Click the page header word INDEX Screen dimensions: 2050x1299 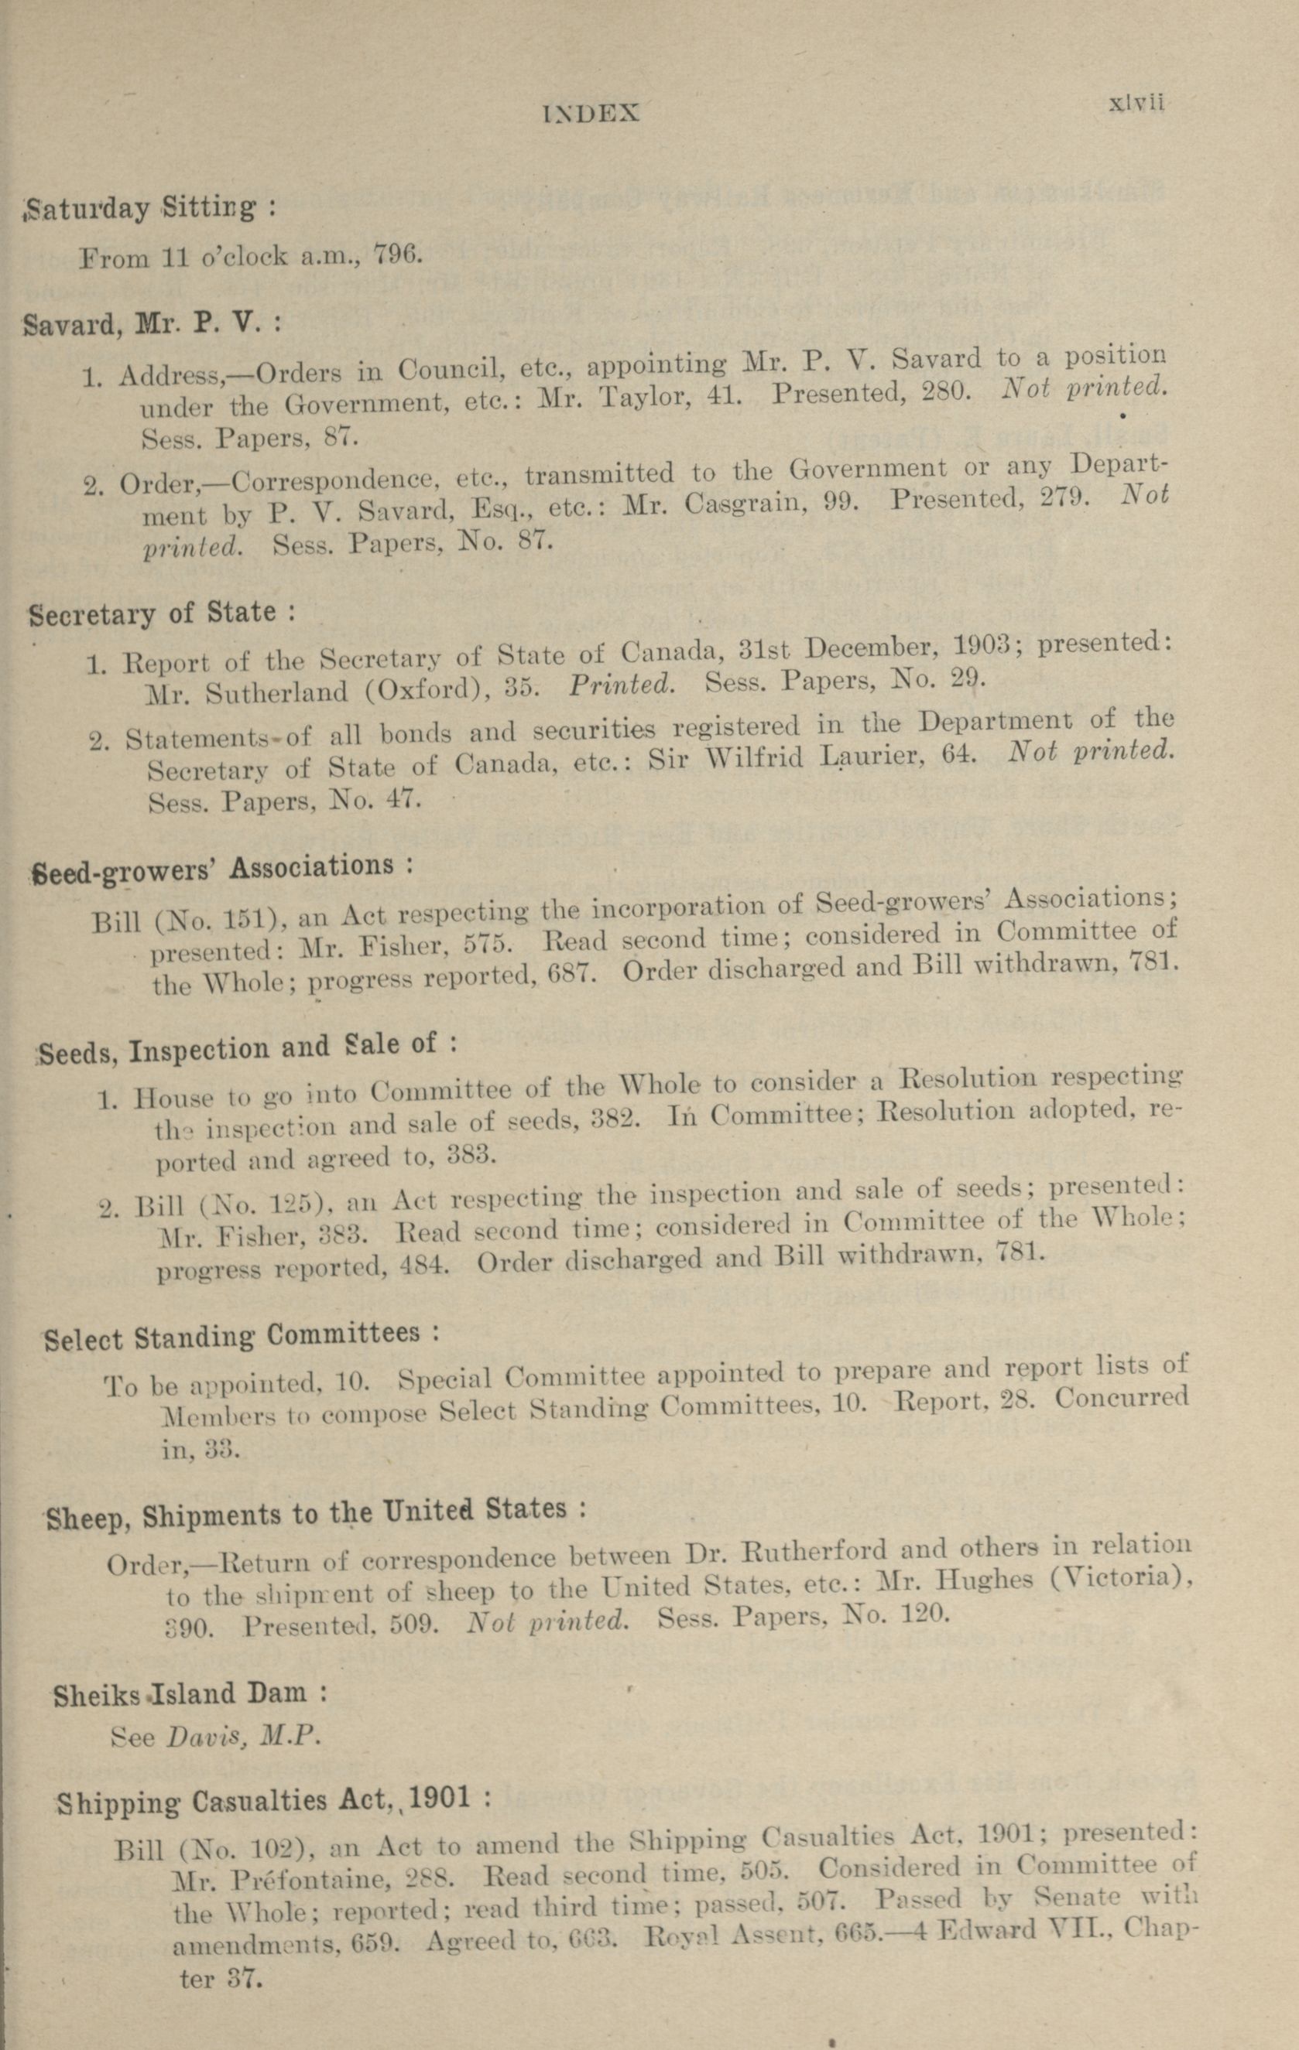[x=591, y=113]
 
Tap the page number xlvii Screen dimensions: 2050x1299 [x=1136, y=103]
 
